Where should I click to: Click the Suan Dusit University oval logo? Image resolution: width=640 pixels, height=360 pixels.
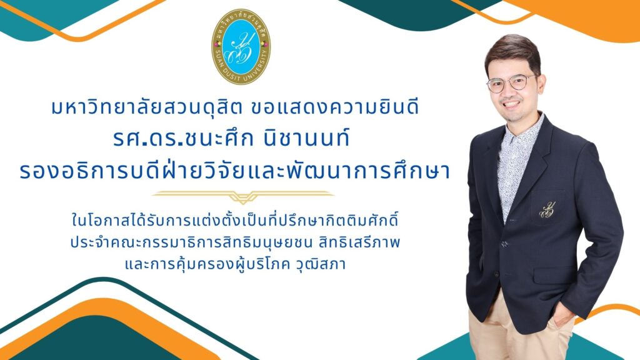click(241, 46)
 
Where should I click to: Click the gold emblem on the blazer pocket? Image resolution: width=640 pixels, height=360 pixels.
click(547, 210)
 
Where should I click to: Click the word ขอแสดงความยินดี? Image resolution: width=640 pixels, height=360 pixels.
click(336, 107)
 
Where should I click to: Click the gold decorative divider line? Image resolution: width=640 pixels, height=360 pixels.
click(243, 196)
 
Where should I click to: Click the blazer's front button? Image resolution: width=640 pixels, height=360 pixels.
click(505, 244)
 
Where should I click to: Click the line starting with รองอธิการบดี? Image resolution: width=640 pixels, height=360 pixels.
click(235, 171)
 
